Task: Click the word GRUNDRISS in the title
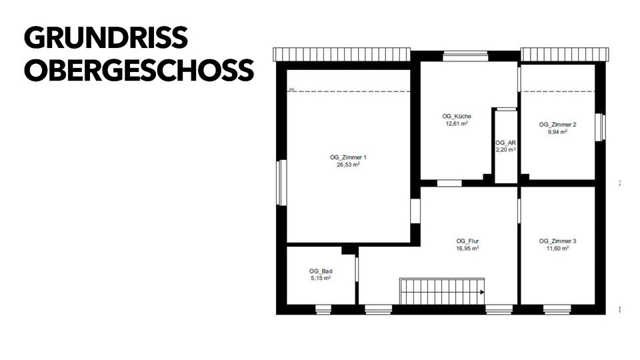(106, 39)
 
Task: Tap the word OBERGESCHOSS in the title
(139, 71)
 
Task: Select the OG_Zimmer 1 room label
(348, 157)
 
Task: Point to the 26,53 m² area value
(348, 165)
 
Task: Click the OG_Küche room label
(457, 116)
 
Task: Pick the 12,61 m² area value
(457, 123)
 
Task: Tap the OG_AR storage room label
(506, 143)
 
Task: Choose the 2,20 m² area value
(506, 150)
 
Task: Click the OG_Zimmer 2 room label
(557, 125)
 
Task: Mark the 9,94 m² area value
(557, 132)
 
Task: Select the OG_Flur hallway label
(468, 241)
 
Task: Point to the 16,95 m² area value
(468, 248)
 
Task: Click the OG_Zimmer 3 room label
(557, 241)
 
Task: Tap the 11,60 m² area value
(557, 248)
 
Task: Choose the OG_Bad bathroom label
(321, 271)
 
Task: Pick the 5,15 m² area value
(321, 278)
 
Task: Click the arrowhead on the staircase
(481, 291)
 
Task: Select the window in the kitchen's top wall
(465, 56)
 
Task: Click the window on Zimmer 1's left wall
(281, 182)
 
